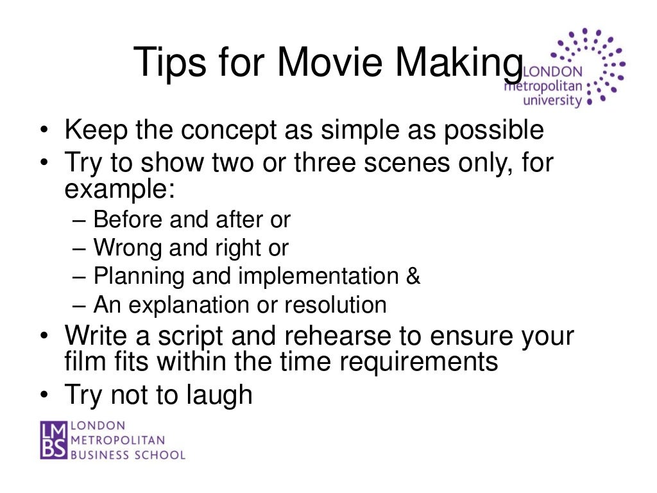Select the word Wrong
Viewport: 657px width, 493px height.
pyautogui.click(x=130, y=248)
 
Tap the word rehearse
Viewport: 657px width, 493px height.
pyautogui.click(x=354, y=337)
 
